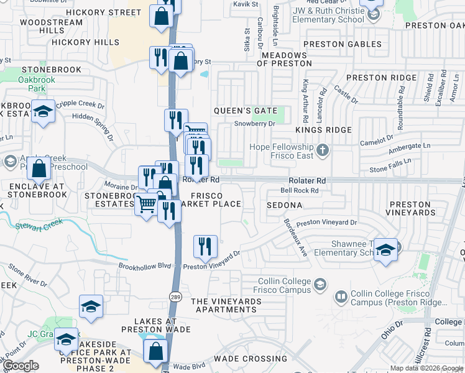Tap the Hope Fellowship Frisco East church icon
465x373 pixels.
coord(322,150)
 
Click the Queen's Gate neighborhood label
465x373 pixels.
coord(245,111)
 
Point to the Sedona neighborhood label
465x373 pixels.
coord(284,205)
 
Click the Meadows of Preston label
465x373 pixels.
coord(287,59)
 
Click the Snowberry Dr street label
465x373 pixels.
coord(254,123)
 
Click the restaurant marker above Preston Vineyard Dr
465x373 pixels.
coord(205,247)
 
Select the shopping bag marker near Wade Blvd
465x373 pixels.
coord(155,351)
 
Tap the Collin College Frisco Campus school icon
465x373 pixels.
coord(320,284)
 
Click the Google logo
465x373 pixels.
coord(21,366)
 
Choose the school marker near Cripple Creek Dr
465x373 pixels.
coord(44,112)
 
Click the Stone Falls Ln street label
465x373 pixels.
coord(390,165)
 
